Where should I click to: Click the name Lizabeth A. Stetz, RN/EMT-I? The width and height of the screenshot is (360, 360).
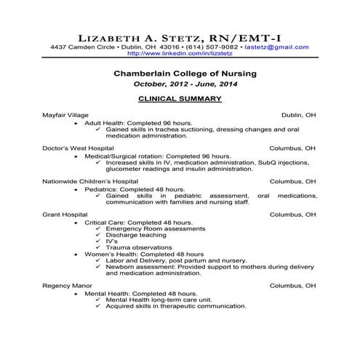[x=180, y=36]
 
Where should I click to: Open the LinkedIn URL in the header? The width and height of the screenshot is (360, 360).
[x=180, y=53]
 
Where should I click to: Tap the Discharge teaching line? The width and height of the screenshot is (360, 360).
[x=135, y=234]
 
